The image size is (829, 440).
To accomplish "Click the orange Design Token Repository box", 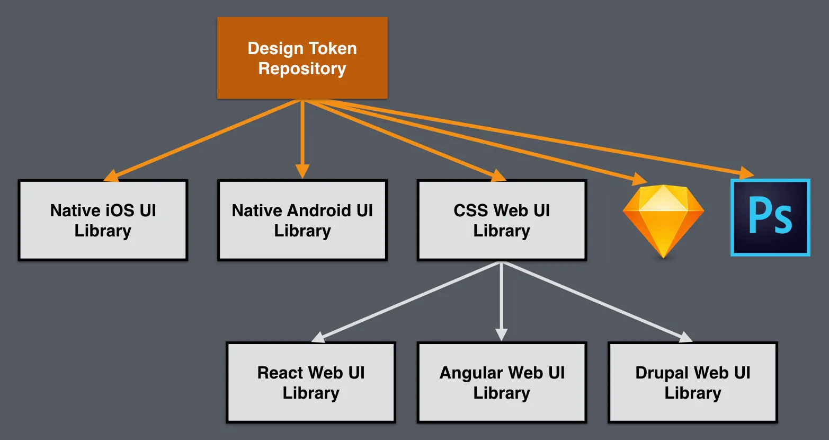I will point(302,58).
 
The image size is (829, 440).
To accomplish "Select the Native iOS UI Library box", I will point(103,220).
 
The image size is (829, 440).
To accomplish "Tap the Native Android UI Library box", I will point(302,220).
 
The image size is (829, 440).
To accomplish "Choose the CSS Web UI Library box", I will point(502,220).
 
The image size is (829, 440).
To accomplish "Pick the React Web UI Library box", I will point(311,382).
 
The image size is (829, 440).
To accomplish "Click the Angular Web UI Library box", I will point(502,382).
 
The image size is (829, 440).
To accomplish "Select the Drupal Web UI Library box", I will point(692,382).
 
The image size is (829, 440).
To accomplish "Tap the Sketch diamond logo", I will point(663,220).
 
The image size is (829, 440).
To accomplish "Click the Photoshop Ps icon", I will point(770,217).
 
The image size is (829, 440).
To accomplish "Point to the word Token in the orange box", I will point(332,48).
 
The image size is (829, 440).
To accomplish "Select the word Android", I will point(320,210).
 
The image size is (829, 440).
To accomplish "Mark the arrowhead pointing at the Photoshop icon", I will point(747,173).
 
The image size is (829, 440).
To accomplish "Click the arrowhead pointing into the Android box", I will point(302,171).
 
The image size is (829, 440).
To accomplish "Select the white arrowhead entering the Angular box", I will point(502,335).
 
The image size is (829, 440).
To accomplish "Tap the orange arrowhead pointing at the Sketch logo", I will point(640,178).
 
